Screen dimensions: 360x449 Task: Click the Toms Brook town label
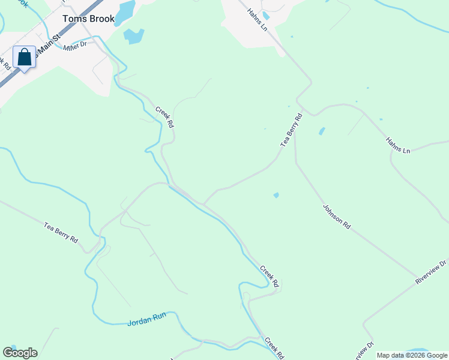88,19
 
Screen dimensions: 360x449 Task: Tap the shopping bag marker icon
25,58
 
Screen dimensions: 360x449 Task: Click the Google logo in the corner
20,353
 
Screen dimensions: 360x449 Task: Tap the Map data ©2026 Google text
412,355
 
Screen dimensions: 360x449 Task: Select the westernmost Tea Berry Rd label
61,232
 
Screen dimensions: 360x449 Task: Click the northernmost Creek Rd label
164,117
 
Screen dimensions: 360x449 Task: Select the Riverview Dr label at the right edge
431,272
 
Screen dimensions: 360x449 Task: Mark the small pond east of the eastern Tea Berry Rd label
322,131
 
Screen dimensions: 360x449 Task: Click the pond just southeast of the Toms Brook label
134,36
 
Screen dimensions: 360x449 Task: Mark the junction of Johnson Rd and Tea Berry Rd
295,146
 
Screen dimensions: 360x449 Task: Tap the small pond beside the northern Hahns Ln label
266,16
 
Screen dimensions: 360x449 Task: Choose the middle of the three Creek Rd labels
270,275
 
